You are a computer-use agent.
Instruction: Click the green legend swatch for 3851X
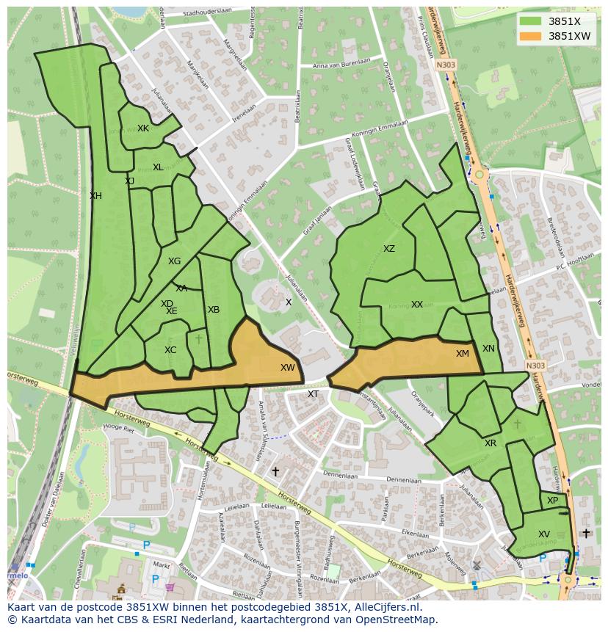(x=530, y=21)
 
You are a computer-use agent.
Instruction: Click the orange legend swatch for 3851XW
(x=530, y=35)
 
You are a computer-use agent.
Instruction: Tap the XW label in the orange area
(x=287, y=368)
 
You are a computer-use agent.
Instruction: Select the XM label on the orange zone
(x=462, y=354)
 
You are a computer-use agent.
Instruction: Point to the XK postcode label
(x=143, y=128)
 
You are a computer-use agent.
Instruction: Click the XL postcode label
(x=158, y=167)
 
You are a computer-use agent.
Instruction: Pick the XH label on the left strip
(x=95, y=196)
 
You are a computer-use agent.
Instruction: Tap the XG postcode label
(x=174, y=261)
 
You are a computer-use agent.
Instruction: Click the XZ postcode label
(x=389, y=249)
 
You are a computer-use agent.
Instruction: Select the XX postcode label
(x=417, y=305)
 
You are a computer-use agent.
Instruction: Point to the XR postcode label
(x=491, y=443)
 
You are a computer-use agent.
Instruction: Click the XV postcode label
(x=544, y=534)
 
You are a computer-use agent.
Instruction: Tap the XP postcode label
(x=553, y=501)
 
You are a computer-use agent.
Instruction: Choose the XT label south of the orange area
(x=314, y=394)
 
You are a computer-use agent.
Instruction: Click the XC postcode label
(x=170, y=350)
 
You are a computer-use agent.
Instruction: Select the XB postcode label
(x=214, y=310)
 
